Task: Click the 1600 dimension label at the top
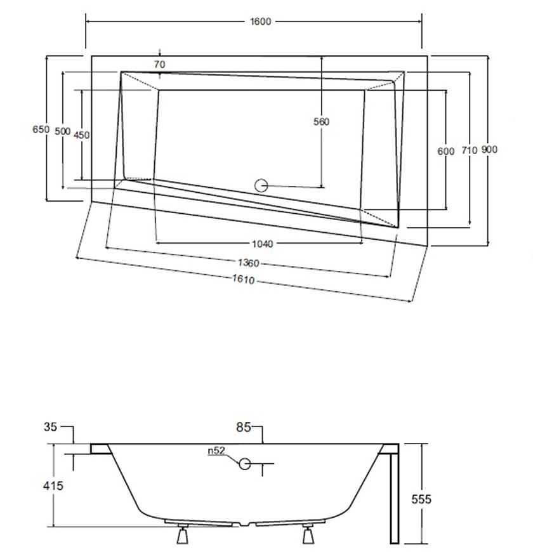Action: pyautogui.click(x=260, y=22)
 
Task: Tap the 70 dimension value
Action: pyautogui.click(x=159, y=64)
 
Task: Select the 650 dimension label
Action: pyautogui.click(x=41, y=129)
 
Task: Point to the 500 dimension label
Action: pyautogui.click(x=62, y=131)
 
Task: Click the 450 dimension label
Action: pyautogui.click(x=82, y=135)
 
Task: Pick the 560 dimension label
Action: pyautogui.click(x=322, y=122)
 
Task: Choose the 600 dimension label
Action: pyautogui.click(x=446, y=151)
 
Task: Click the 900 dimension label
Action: pyautogui.click(x=489, y=150)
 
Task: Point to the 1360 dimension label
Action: pyautogui.click(x=248, y=263)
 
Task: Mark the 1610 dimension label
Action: pyautogui.click(x=243, y=279)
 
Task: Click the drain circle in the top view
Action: pyautogui.click(x=261, y=186)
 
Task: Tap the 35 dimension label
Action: pyautogui.click(x=51, y=427)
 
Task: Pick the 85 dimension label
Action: pyautogui.click(x=244, y=428)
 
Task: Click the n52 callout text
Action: pyautogui.click(x=216, y=452)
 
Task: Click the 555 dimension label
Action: pyautogui.click(x=421, y=499)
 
